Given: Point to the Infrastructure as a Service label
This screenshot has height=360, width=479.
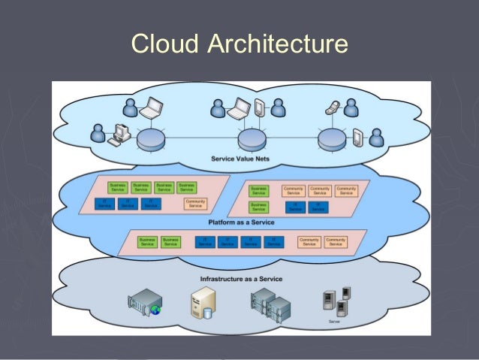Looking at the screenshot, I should click(x=241, y=279).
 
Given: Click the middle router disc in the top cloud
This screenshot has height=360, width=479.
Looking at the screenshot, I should click(x=252, y=138).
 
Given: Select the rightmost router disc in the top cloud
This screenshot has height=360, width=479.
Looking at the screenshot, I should click(x=331, y=138).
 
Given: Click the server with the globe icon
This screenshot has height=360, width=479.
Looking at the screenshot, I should click(x=145, y=304).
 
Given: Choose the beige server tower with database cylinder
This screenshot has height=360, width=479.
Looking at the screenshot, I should click(x=202, y=304).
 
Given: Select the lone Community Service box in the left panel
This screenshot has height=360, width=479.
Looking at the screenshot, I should click(x=195, y=204).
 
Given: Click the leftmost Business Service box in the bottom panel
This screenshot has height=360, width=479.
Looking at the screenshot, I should click(x=147, y=242).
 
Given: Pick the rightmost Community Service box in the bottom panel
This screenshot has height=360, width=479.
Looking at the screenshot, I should click(x=336, y=242).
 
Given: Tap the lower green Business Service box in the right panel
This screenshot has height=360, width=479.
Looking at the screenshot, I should click(x=258, y=206).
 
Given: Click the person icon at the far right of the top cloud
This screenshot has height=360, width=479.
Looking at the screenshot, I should click(x=376, y=137).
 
